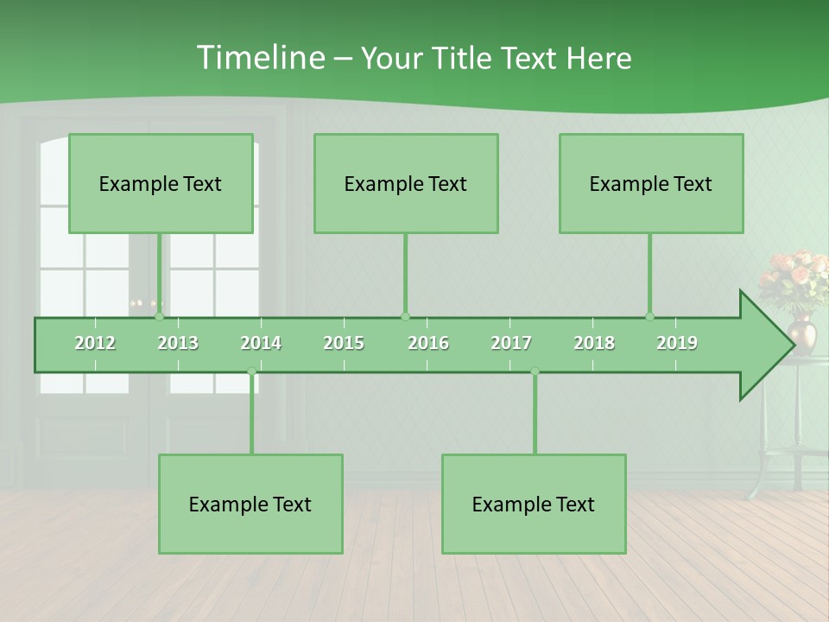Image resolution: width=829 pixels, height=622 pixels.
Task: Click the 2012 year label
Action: (x=95, y=343)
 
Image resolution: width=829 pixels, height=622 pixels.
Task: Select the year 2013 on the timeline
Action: (x=178, y=343)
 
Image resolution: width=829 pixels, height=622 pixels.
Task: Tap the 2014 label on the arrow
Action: (x=261, y=343)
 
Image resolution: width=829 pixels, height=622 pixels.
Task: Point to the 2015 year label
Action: (x=344, y=343)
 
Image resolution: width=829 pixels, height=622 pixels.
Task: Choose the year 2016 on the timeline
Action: (x=428, y=343)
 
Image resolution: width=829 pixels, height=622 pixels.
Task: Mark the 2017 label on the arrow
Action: (x=511, y=343)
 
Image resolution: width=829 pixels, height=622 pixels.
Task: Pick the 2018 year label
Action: (x=594, y=343)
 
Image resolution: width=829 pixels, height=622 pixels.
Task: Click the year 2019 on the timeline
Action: (x=677, y=343)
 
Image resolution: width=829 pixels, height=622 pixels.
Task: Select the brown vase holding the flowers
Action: (x=802, y=333)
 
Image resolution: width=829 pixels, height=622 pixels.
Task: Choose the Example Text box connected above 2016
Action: (x=406, y=183)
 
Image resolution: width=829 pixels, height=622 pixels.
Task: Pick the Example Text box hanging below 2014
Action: (x=250, y=504)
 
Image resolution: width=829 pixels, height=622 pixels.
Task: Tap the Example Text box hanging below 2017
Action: (x=534, y=504)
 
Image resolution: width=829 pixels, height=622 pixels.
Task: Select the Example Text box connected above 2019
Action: (x=651, y=183)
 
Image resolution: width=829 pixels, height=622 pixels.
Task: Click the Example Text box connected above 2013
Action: (x=161, y=183)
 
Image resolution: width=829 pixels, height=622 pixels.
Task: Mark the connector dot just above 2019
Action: (x=650, y=316)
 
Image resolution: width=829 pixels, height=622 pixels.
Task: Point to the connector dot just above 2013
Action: (x=160, y=316)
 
